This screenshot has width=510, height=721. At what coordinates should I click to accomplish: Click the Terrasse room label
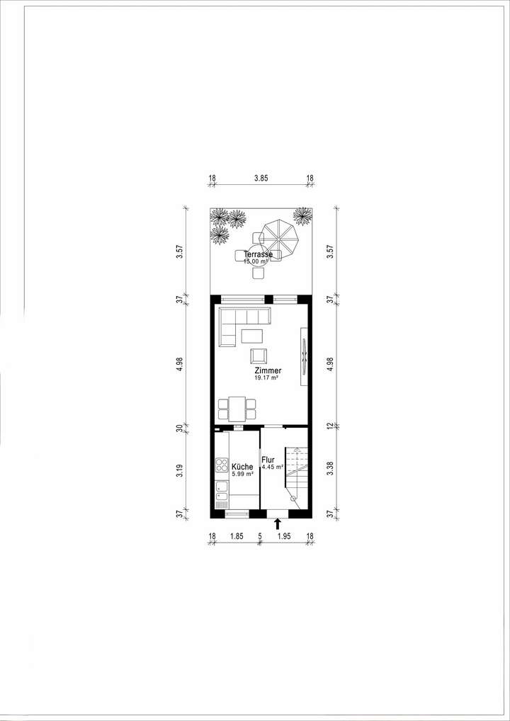click(x=259, y=254)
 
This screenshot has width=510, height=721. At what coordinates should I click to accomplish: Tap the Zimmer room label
click(x=268, y=370)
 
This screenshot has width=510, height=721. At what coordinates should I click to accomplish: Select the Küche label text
click(x=242, y=467)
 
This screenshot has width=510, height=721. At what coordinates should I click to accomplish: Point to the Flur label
click(x=268, y=460)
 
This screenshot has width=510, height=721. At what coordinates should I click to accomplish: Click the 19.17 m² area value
click(x=266, y=378)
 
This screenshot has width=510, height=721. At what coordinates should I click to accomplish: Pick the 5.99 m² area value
click(x=242, y=474)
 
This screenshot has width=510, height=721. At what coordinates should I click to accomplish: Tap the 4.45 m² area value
click(x=273, y=467)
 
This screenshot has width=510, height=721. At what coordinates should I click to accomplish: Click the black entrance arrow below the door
click(x=278, y=523)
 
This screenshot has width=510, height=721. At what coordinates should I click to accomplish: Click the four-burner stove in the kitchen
click(x=221, y=467)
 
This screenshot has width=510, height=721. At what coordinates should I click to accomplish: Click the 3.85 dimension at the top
click(x=261, y=179)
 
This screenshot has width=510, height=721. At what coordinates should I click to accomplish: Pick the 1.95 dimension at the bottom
click(x=284, y=537)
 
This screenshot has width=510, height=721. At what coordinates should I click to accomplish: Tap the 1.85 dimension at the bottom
click(x=237, y=537)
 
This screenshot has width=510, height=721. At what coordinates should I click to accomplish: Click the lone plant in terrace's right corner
click(x=302, y=215)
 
